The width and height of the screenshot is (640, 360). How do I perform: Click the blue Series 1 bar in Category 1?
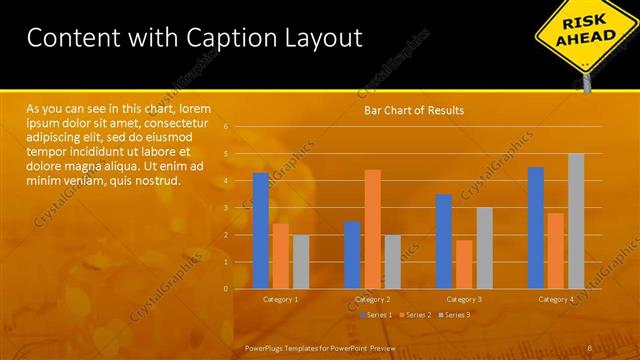point(261,230)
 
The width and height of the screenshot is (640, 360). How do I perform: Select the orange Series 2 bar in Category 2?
point(372,229)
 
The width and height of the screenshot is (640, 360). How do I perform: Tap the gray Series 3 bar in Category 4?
point(576,221)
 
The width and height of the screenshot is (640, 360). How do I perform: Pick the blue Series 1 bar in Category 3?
point(444,241)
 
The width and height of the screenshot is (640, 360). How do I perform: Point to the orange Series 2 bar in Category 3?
point(464,264)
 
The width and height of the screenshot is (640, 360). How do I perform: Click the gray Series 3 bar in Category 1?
point(301,261)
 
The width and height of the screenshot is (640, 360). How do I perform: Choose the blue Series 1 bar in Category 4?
point(536,227)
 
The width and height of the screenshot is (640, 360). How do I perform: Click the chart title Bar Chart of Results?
point(413,110)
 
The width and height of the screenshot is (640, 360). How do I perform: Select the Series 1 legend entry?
point(376,315)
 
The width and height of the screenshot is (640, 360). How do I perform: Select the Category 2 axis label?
point(372,299)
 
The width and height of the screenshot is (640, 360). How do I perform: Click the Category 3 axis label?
point(464,299)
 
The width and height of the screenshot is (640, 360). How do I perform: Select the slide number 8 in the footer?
point(590,348)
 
